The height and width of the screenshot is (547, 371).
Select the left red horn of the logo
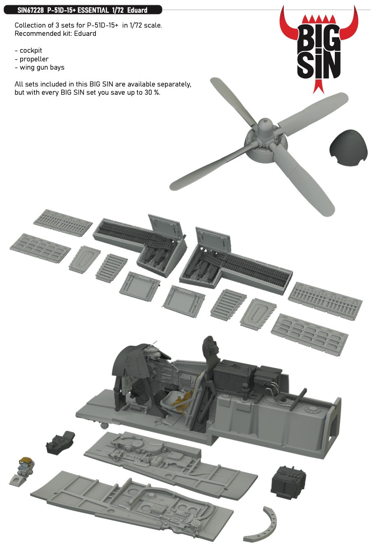coord(288,25)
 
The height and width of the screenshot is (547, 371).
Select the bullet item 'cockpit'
coord(31,51)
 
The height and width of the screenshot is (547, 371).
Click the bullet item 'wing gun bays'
coord(42,67)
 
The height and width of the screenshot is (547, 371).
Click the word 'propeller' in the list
coord(34,59)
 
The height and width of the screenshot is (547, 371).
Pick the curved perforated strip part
coord(262,525)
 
